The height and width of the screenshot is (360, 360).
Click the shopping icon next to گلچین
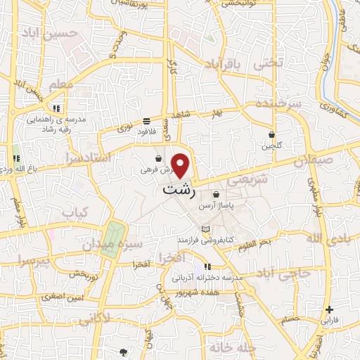[x=271, y=134]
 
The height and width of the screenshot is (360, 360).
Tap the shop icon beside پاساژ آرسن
[x=215, y=195]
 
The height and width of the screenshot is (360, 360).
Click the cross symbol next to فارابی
[x=329, y=309]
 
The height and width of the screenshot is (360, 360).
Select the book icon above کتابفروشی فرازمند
[x=205, y=230]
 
